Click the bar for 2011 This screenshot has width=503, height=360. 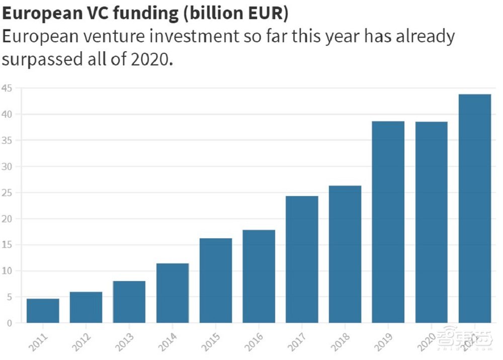(43, 311)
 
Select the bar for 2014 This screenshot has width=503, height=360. (173, 293)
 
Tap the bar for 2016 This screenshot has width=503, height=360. (259, 276)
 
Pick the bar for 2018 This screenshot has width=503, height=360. (345, 254)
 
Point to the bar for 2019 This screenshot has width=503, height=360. (388, 222)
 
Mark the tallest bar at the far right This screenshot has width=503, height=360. (474, 208)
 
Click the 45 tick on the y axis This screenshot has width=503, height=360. (7, 88)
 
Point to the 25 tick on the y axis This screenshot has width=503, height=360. (7, 193)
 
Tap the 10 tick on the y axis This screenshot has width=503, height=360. (7, 271)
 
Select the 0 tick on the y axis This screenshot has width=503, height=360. (10, 323)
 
